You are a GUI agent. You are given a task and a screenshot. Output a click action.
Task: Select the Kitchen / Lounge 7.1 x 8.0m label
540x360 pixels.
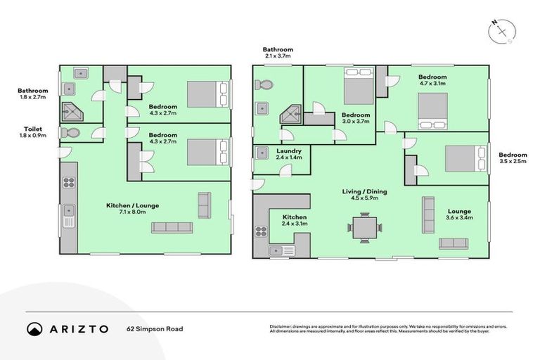pyautogui.click(x=127, y=209)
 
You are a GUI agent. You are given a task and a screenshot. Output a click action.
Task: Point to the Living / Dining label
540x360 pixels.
pyautogui.click(x=364, y=195)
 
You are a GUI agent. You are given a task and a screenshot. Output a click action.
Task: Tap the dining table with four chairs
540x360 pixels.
pyautogui.click(x=365, y=227)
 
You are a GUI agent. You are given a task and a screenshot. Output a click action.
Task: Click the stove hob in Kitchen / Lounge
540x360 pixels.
pyautogui.click(x=69, y=182)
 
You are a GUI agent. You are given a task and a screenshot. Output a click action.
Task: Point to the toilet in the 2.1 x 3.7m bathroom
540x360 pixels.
pyautogui.click(x=265, y=85)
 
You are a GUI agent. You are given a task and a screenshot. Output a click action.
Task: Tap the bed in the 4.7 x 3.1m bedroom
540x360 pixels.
pyautogui.click(x=432, y=111)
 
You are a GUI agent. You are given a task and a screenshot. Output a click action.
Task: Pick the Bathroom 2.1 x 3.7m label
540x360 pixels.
pyautogui.click(x=278, y=53)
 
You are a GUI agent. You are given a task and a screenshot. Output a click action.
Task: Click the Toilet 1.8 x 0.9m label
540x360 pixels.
pyautogui.click(x=32, y=132)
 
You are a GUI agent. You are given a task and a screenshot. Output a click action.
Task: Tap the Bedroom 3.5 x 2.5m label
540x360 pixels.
pyautogui.click(x=513, y=158)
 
